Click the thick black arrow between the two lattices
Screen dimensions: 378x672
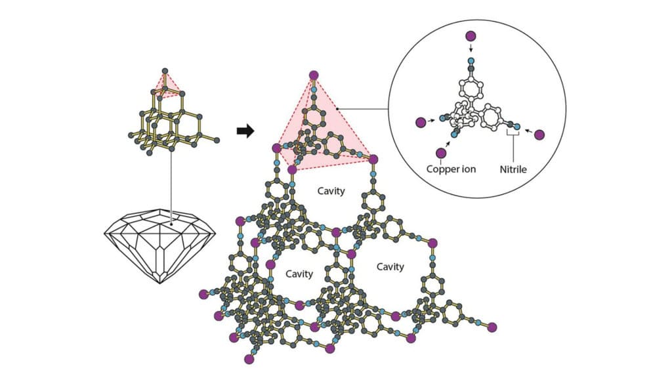tap(245, 131)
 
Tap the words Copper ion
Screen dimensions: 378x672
tap(451, 169)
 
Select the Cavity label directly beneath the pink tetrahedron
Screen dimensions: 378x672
tap(331, 191)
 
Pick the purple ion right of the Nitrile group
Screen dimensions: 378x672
tap(539, 135)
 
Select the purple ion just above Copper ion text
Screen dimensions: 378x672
tap(441, 153)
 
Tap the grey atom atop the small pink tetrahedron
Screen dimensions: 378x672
tap(165, 70)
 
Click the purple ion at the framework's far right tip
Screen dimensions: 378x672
tap(492, 327)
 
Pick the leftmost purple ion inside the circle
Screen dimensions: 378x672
tap(420, 122)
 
